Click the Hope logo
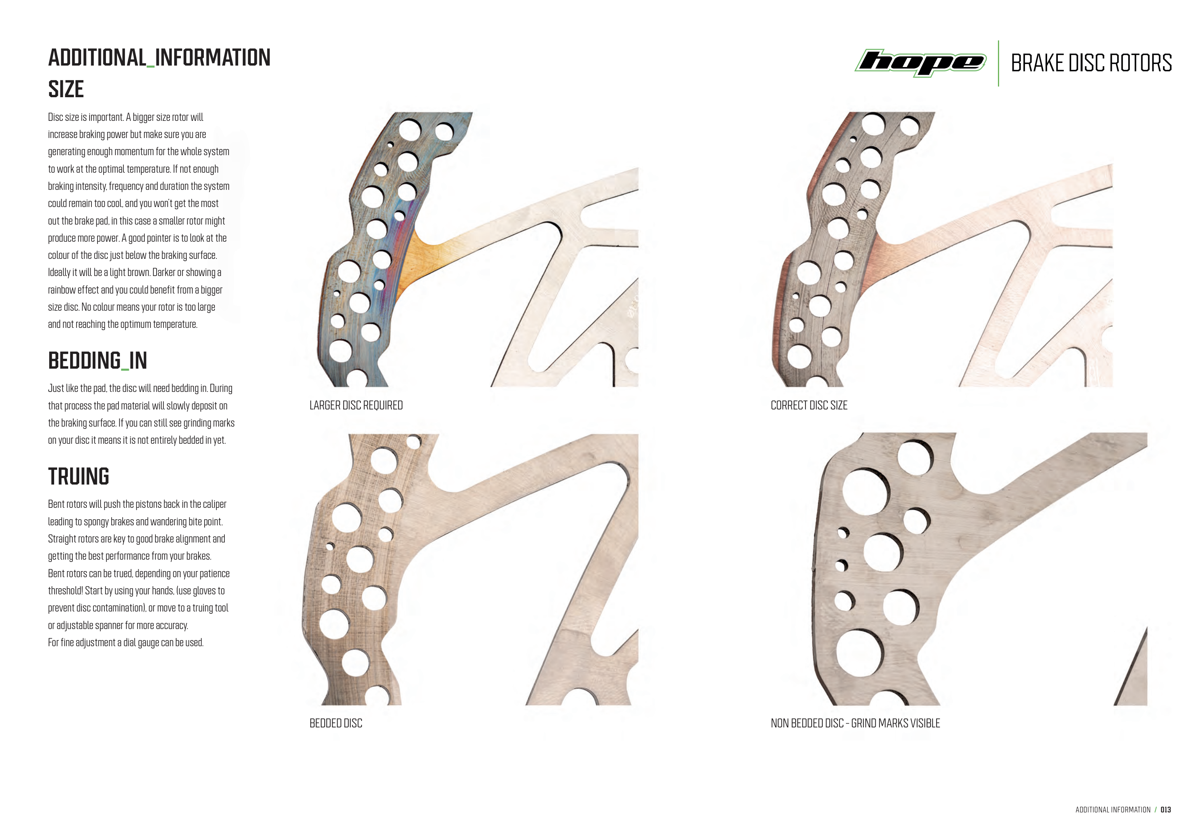pyautogui.click(x=921, y=63)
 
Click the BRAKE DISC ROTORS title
pyautogui.click(x=1091, y=63)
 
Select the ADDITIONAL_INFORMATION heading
pyautogui.click(x=159, y=58)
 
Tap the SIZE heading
pyautogui.click(x=66, y=89)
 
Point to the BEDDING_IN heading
pyautogui.click(x=97, y=361)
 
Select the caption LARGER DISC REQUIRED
pyautogui.click(x=356, y=405)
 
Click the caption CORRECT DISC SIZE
pyautogui.click(x=809, y=405)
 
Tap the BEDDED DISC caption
pyautogui.click(x=336, y=723)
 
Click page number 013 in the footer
pyautogui.click(x=1166, y=809)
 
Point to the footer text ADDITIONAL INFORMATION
pyautogui.click(x=1113, y=809)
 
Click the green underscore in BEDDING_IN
pyautogui.click(x=125, y=369)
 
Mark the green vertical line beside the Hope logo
pyautogui.click(x=998, y=63)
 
